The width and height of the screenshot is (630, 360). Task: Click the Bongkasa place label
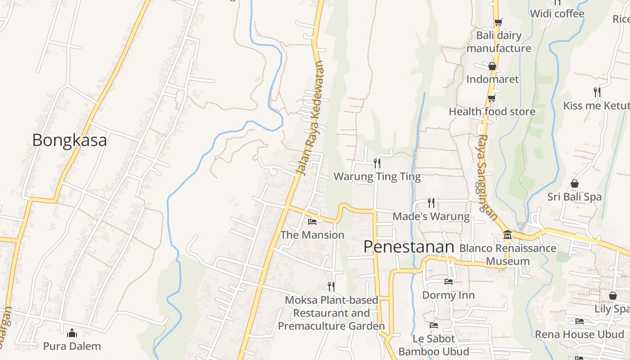(69, 140)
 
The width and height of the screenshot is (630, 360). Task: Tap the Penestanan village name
(409, 247)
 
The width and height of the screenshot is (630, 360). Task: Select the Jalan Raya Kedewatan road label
(310, 118)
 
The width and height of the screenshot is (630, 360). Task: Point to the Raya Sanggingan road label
(487, 177)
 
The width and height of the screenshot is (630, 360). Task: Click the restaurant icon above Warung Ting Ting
(377, 163)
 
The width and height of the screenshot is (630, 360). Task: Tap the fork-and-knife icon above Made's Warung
(431, 203)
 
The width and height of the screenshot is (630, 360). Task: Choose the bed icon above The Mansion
(312, 221)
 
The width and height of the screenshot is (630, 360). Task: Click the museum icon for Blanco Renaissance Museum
(508, 235)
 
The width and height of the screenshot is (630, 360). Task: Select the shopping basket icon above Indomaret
(492, 66)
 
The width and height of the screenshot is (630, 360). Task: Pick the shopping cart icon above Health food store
(491, 98)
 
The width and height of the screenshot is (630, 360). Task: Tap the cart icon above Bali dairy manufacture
(498, 22)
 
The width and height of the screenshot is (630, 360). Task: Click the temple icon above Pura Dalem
(72, 333)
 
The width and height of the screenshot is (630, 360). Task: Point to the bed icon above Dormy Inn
(448, 282)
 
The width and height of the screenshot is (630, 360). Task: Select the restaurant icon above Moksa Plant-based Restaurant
(331, 286)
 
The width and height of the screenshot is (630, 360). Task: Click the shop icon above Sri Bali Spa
(574, 184)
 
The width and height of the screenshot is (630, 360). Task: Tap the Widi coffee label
(557, 13)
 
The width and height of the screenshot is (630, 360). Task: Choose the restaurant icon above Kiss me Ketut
(597, 92)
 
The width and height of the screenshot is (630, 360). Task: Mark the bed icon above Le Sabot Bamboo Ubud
(434, 325)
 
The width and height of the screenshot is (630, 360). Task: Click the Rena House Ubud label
(580, 334)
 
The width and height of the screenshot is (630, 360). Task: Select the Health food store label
(492, 112)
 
